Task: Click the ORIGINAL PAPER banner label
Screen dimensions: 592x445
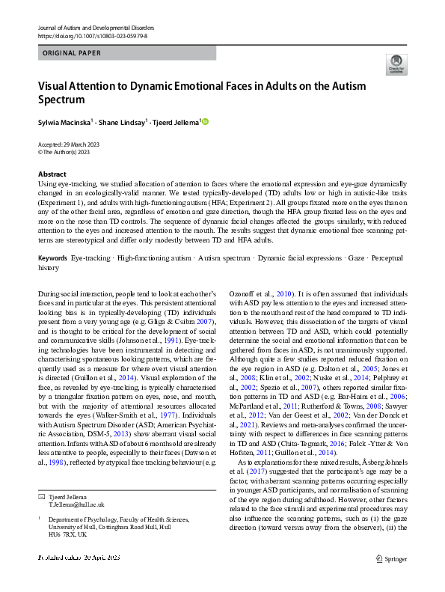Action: pos(73,54)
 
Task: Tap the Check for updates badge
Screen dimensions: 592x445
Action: pos(396,64)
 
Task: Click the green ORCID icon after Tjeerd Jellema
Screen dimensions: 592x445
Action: pos(206,121)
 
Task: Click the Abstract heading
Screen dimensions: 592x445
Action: pos(52,174)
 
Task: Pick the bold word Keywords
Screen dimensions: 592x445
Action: pos(52,257)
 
